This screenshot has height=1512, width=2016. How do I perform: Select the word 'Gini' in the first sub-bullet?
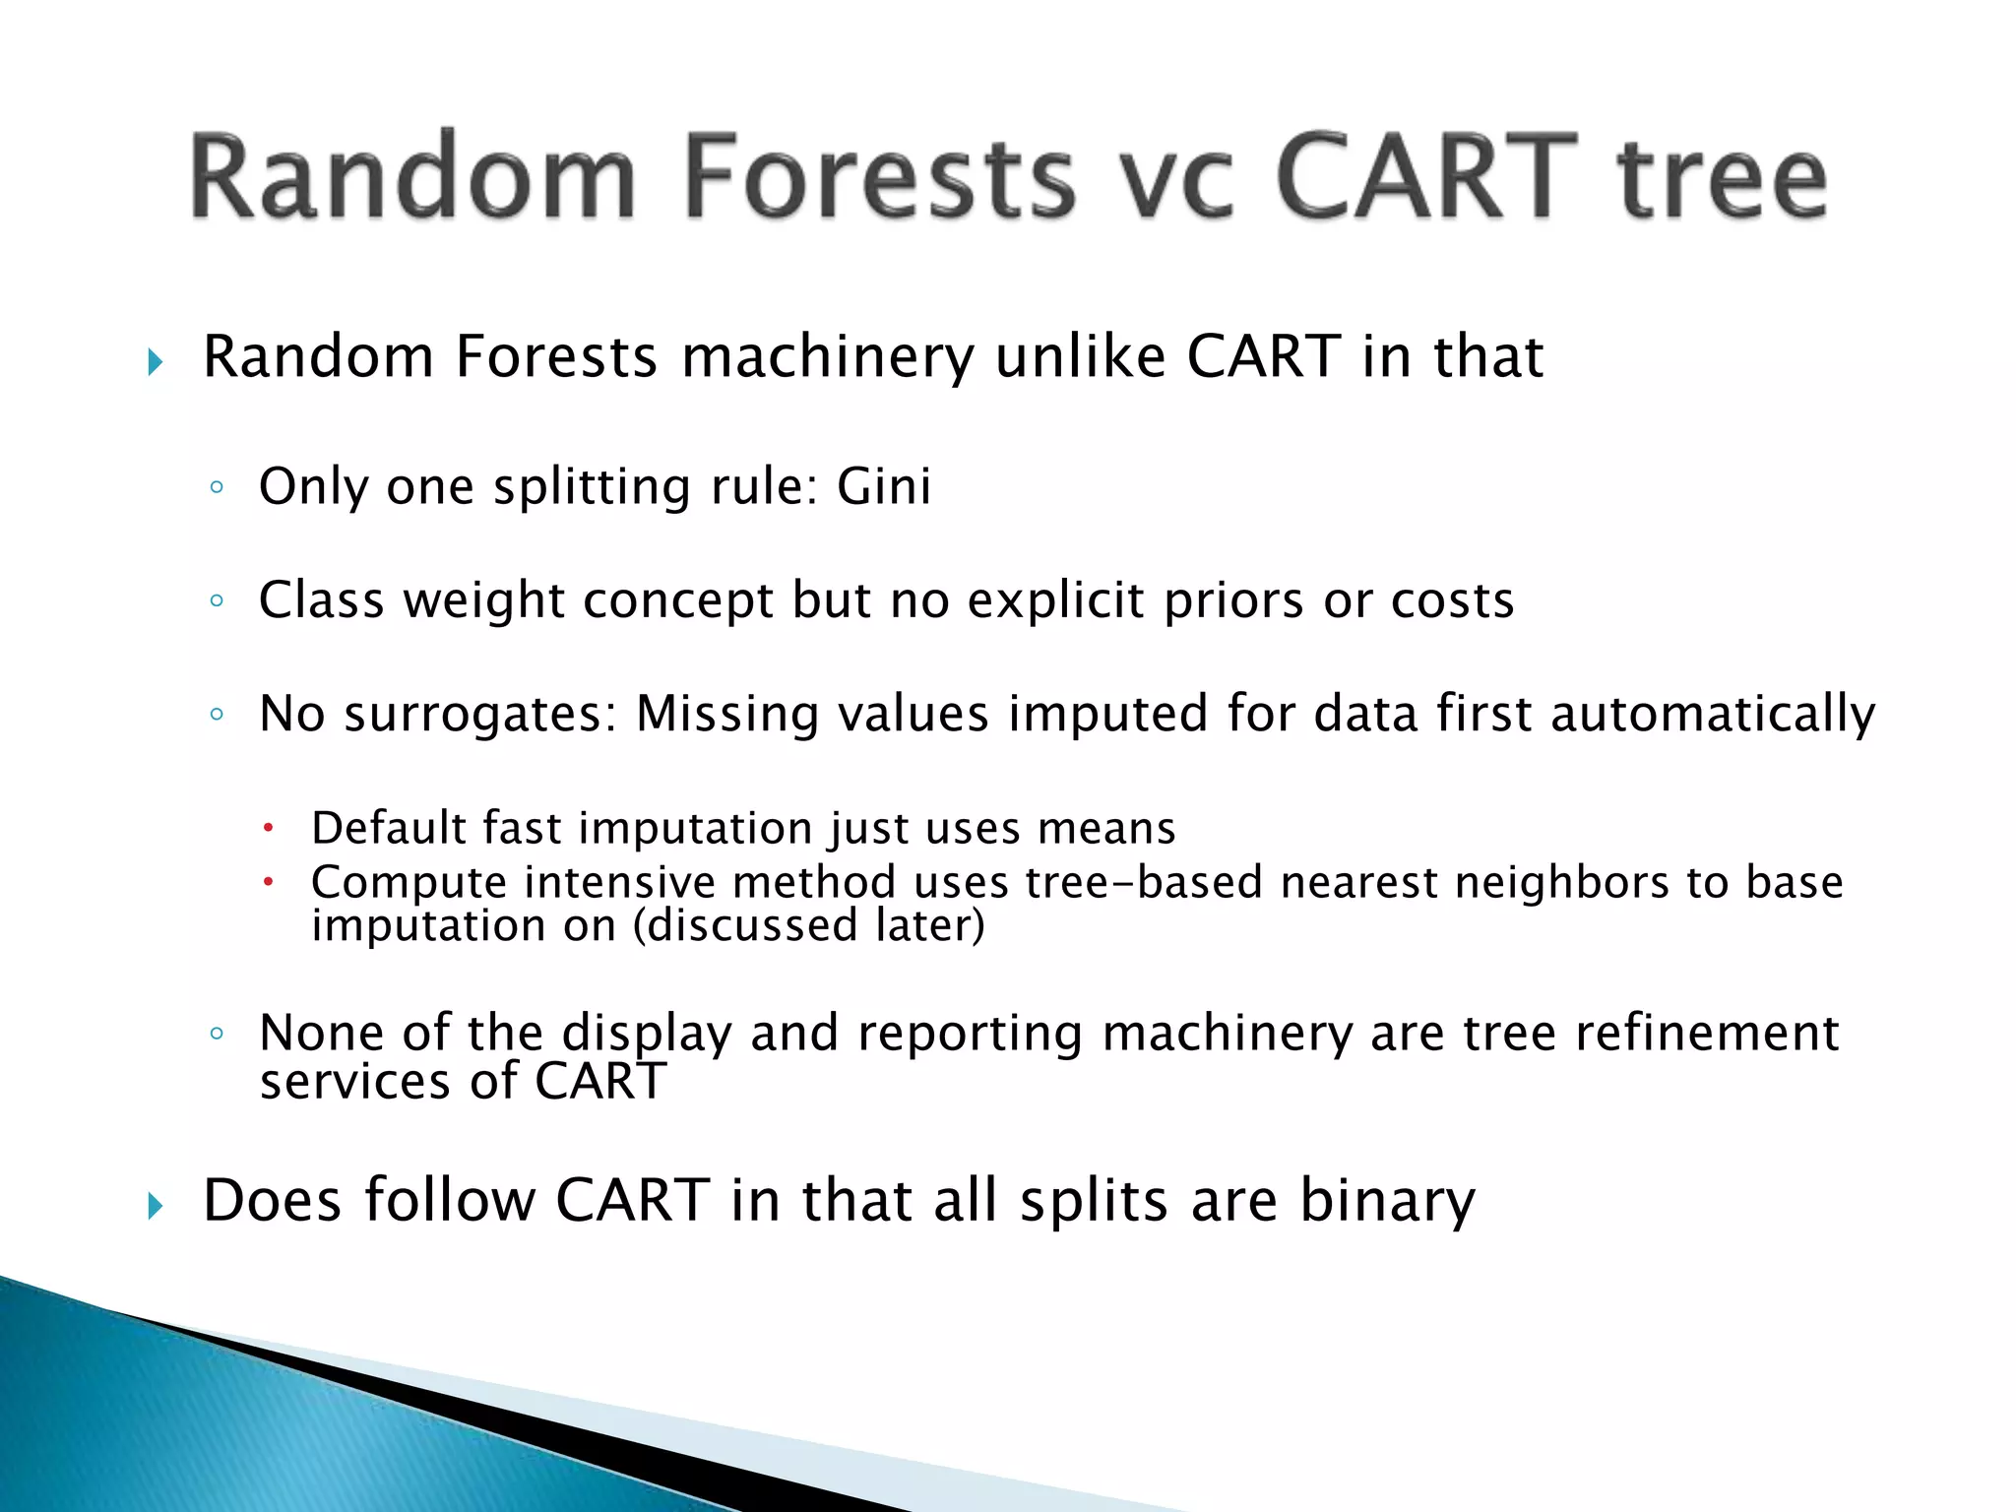(883, 486)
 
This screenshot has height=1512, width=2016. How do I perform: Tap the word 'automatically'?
(1713, 714)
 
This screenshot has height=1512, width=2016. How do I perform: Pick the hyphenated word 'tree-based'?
(1144, 882)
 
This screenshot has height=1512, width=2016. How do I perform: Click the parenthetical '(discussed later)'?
(808, 925)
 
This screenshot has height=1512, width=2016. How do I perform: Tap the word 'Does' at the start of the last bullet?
(272, 1201)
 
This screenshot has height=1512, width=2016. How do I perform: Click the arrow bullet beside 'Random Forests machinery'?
(155, 362)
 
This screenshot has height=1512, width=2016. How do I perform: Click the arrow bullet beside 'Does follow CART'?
(155, 1205)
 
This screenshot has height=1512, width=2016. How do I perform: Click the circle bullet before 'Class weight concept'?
(217, 600)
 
